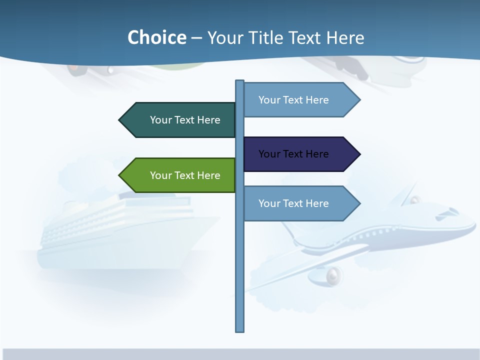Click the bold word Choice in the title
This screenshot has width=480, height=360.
156,37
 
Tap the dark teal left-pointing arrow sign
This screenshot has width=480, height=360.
180,120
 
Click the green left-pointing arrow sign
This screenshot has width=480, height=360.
180,175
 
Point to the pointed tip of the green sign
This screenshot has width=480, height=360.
120,175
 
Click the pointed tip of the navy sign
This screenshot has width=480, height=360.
358,154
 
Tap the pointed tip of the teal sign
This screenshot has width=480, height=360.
120,120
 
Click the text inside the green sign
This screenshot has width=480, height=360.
185,175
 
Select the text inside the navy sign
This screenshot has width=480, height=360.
293,154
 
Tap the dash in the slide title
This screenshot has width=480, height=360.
196,38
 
